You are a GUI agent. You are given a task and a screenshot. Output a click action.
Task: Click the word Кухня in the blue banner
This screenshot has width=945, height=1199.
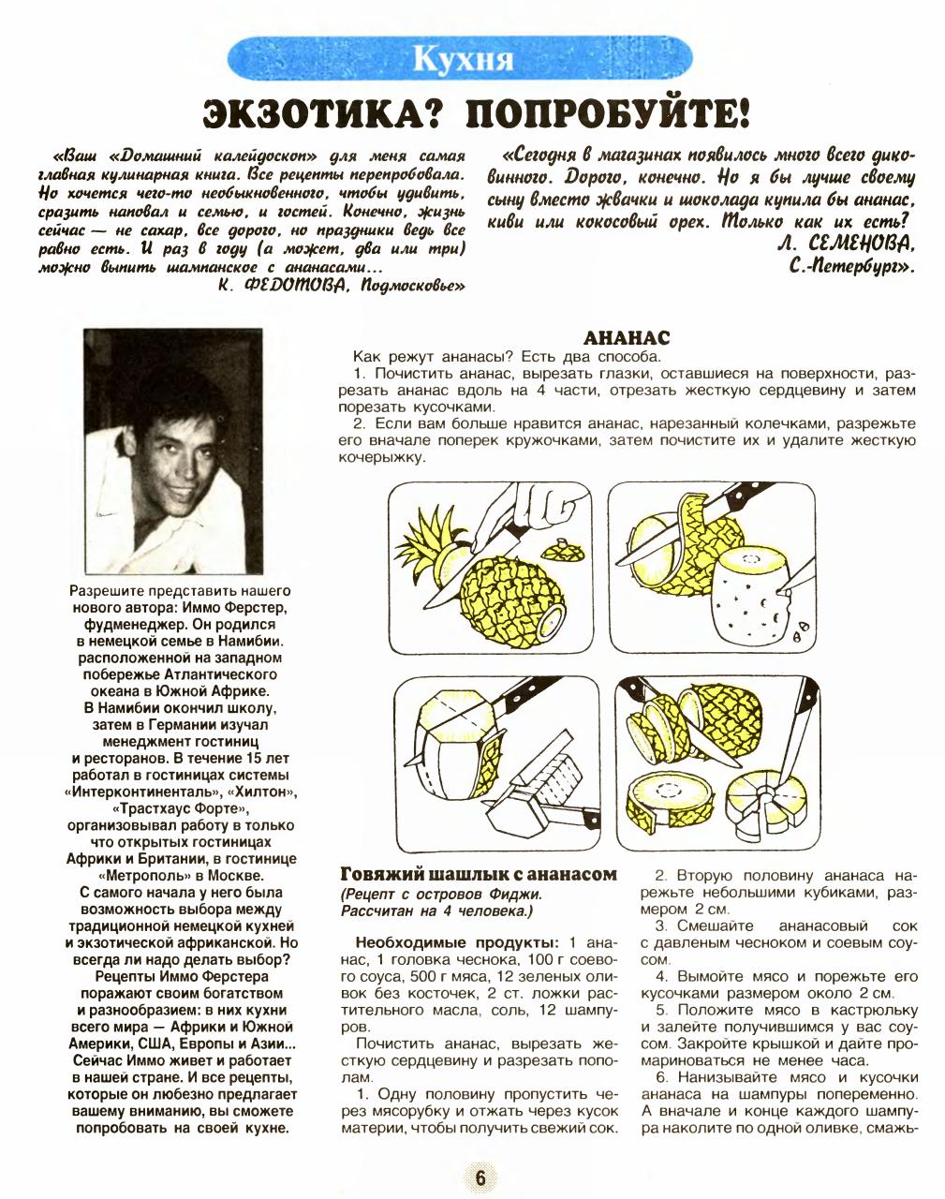tap(465, 58)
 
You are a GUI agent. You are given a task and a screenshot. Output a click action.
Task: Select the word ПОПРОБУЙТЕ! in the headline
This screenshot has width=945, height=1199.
tap(608, 115)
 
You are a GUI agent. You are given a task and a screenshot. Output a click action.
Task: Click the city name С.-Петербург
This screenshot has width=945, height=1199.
tap(848, 265)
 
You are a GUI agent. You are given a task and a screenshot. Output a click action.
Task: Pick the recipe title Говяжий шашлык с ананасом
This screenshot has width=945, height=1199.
tap(478, 874)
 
